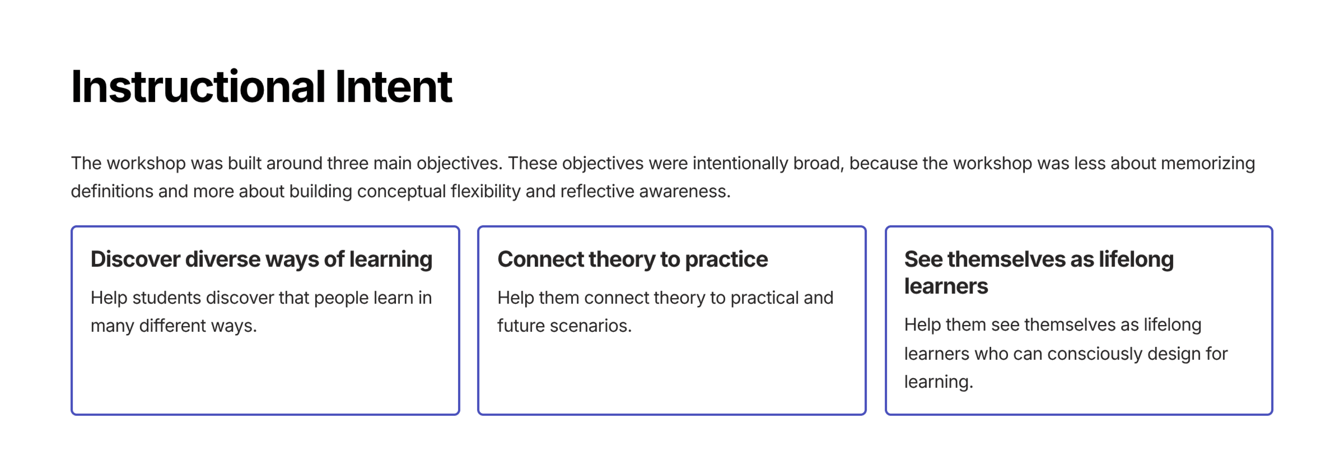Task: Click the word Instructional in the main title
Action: click(198, 87)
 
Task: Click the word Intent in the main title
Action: click(393, 87)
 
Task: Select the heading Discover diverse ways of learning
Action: click(261, 259)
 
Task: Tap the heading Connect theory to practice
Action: click(632, 259)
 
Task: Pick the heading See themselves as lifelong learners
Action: click(1039, 272)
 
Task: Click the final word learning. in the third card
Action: click(939, 382)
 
